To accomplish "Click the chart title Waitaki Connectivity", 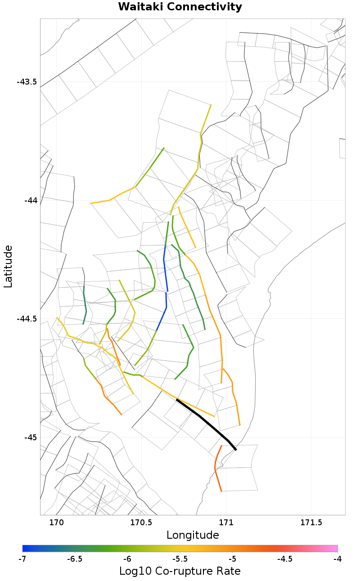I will click(180, 7).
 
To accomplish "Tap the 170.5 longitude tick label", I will click(141, 523).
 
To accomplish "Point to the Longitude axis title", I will click(193, 535).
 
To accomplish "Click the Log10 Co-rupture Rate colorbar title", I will click(180, 571).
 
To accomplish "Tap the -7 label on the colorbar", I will click(22, 559).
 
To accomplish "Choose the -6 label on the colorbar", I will click(127, 559).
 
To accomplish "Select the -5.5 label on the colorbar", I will click(180, 559).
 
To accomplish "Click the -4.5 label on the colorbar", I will click(285, 559).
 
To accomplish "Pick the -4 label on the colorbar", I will click(337, 559).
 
